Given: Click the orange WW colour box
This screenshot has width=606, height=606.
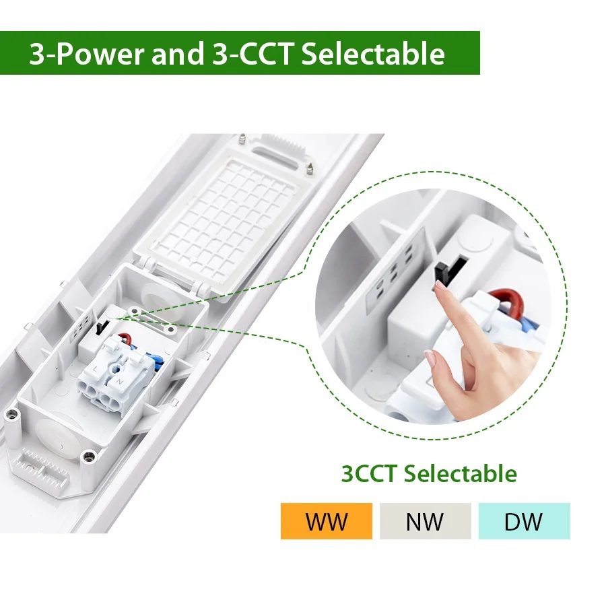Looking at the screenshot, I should click(x=326, y=521).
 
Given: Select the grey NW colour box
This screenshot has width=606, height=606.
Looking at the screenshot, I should click(x=425, y=521).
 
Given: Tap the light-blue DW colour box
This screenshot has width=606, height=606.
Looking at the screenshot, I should click(x=524, y=521).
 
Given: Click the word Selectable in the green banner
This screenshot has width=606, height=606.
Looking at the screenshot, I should click(x=373, y=54).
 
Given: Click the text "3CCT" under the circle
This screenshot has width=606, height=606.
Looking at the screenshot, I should click(x=369, y=473).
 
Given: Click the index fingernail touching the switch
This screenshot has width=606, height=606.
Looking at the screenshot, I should click(x=440, y=285).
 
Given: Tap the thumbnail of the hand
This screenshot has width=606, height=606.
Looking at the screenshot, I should click(x=429, y=357).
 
